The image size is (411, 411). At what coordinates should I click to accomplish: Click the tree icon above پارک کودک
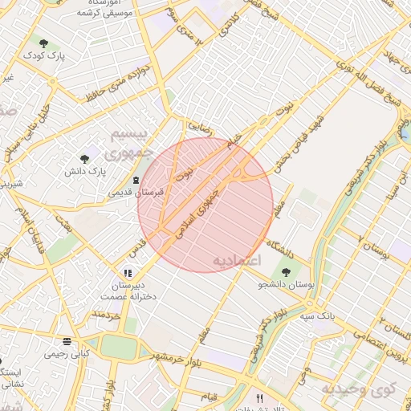pos(43,43)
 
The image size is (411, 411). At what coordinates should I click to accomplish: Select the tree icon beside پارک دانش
pos(85,159)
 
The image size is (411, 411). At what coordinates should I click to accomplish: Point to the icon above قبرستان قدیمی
pos(135,179)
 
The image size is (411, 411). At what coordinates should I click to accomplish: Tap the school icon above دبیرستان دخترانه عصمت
pos(128,273)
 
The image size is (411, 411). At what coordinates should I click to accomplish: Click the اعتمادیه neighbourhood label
pos(238,262)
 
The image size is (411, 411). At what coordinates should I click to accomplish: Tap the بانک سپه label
pos(319,315)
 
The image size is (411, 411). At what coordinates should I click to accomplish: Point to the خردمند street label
pos(105,316)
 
